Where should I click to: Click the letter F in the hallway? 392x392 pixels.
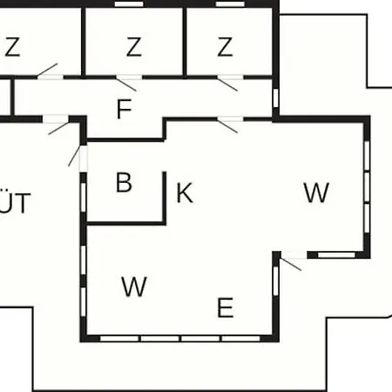coord(124,109)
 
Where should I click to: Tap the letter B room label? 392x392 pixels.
coord(124,182)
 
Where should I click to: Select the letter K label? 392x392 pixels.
coord(185,193)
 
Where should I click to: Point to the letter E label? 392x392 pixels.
coord(225,308)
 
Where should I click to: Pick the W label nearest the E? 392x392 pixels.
coord(134,287)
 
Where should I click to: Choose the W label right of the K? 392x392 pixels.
coord(316,193)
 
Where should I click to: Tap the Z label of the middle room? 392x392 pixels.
coord(134,46)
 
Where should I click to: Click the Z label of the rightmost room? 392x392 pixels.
coord(225,46)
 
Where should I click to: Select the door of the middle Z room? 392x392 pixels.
coord(126,83)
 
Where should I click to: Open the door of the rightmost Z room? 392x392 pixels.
coord(227,83)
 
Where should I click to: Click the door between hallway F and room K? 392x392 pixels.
coord(227,125)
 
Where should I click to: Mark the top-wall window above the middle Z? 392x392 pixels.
coord(129,4)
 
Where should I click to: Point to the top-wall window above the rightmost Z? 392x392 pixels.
coord(230,4)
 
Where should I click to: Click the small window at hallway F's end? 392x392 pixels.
coord(275,98)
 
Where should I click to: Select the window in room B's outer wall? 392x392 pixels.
coord(84,198)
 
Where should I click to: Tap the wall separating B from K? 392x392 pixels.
coord(165,198)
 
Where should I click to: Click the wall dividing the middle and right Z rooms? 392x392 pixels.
coord(185,42)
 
